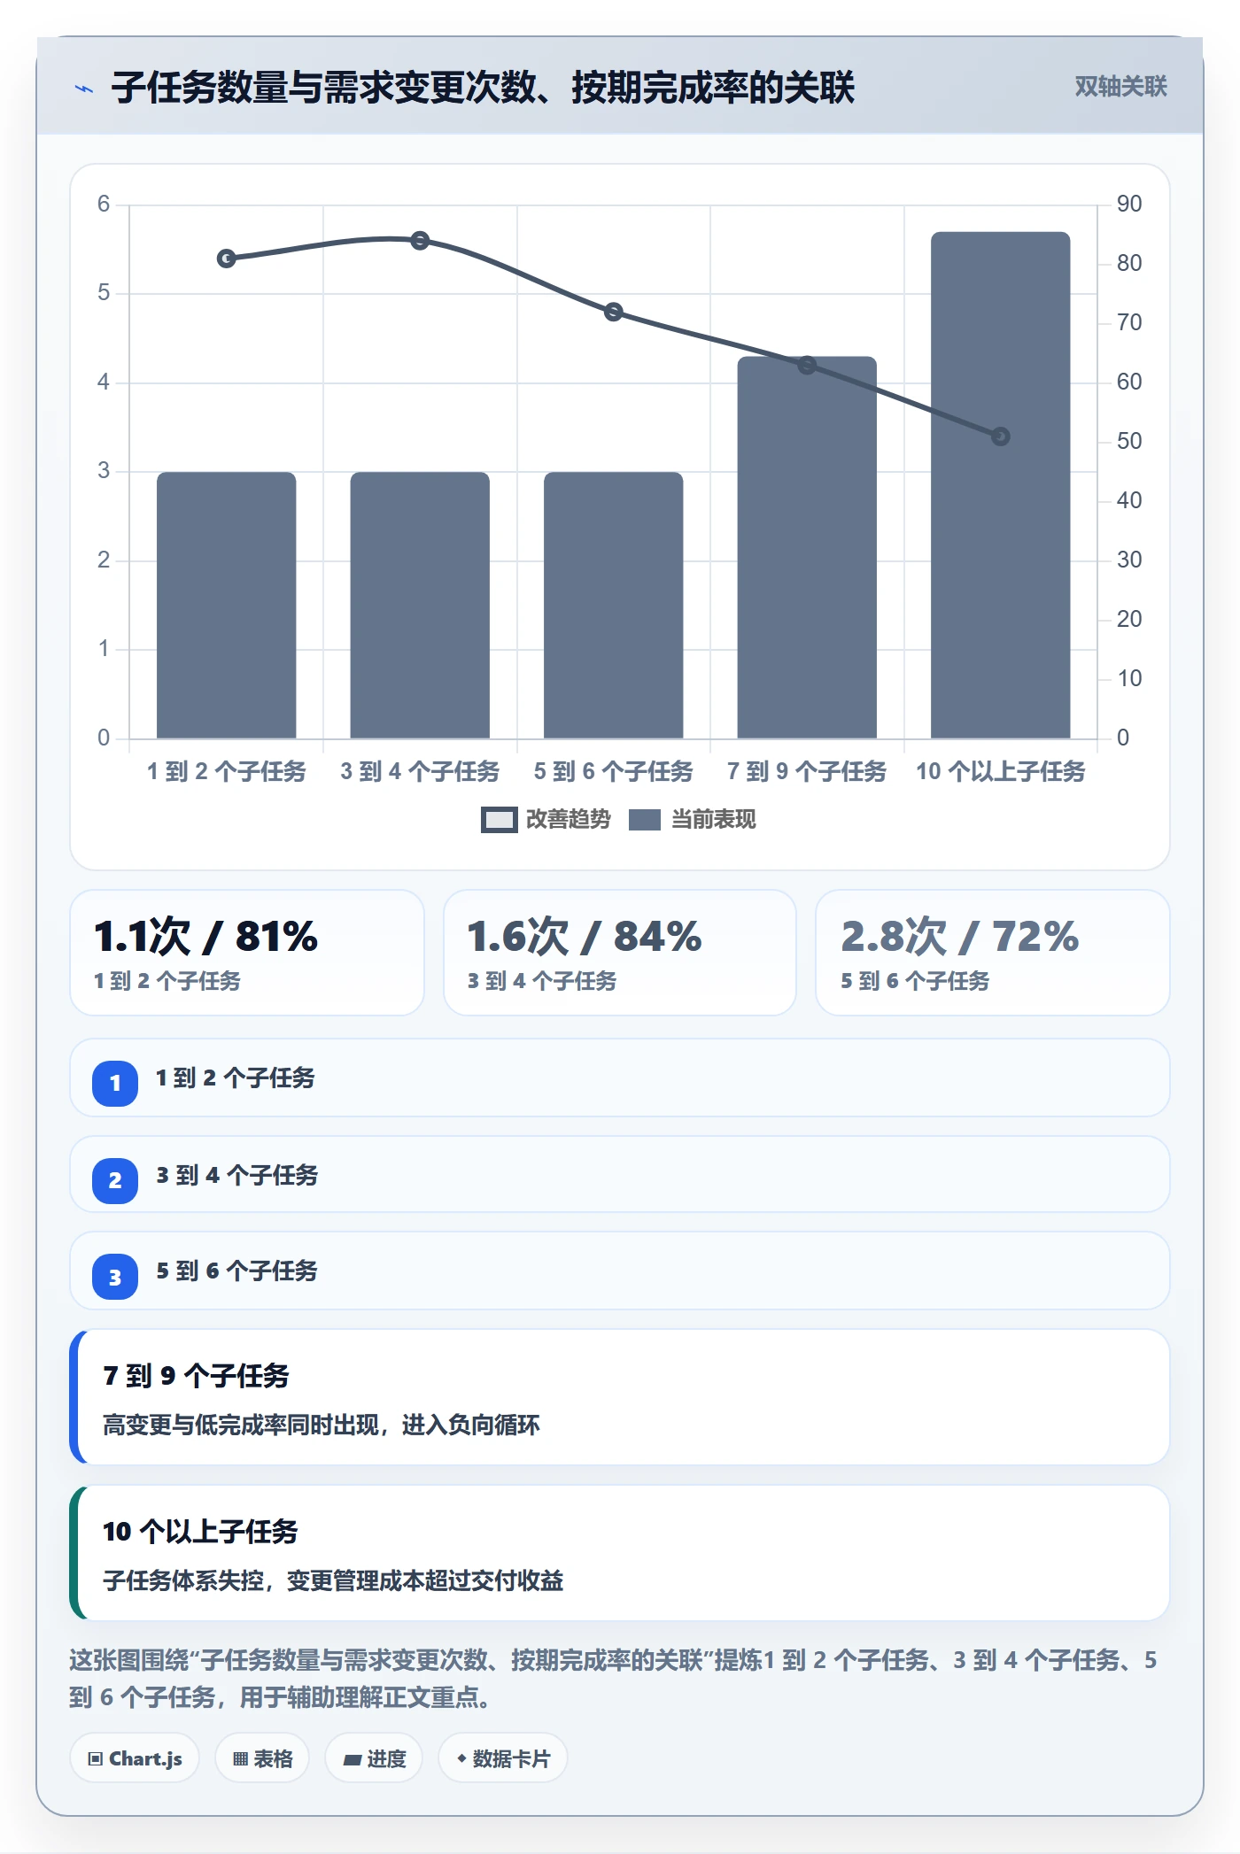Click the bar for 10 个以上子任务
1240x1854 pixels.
(x=1000, y=485)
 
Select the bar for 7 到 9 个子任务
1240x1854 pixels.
(x=807, y=547)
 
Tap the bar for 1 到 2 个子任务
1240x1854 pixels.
(x=226, y=605)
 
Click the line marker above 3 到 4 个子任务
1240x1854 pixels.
(x=420, y=241)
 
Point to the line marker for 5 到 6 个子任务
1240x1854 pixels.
(x=614, y=312)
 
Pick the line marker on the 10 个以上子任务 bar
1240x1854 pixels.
(x=1000, y=436)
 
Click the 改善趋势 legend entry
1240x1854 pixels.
(x=546, y=820)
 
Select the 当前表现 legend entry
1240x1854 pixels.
(x=693, y=820)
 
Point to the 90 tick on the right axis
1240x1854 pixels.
(x=1129, y=205)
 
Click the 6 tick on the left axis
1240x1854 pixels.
(x=104, y=205)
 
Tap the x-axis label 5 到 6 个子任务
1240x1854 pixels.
(x=613, y=771)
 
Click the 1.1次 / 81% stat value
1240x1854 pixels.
(x=205, y=936)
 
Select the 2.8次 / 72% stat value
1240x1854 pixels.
(x=960, y=936)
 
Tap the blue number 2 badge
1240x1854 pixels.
(x=115, y=1180)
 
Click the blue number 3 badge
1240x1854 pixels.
(x=115, y=1277)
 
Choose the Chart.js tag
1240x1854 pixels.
(x=135, y=1758)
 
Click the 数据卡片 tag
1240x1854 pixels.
(x=503, y=1758)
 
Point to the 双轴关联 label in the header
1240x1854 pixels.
(x=1121, y=87)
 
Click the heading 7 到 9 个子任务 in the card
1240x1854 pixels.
(x=197, y=1376)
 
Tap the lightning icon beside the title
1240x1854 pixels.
(x=84, y=89)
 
